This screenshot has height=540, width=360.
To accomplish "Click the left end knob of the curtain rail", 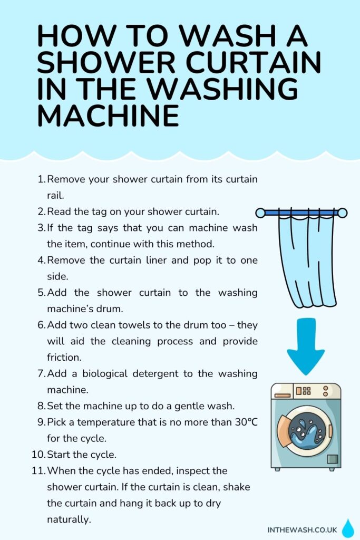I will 260,213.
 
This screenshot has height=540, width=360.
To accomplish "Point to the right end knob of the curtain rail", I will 342,213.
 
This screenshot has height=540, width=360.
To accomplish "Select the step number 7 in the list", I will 42,374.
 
